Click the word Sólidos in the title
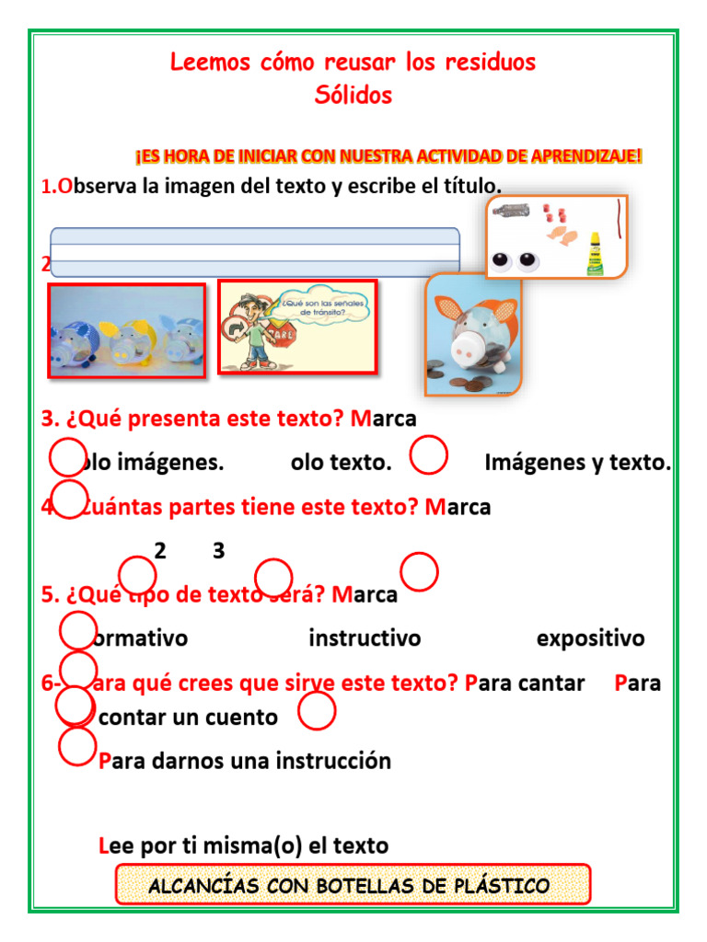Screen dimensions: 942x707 (x=353, y=95)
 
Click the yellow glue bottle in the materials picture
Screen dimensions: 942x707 (x=596, y=254)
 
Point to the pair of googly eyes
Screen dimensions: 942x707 (x=514, y=261)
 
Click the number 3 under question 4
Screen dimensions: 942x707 (x=218, y=551)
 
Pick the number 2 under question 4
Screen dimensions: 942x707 (x=160, y=551)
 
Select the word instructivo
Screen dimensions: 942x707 (x=365, y=638)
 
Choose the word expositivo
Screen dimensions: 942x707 (x=590, y=638)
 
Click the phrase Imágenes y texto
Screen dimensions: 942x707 (x=577, y=463)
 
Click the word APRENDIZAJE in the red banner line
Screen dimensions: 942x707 (x=586, y=156)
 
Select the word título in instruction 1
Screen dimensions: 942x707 (x=470, y=186)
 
